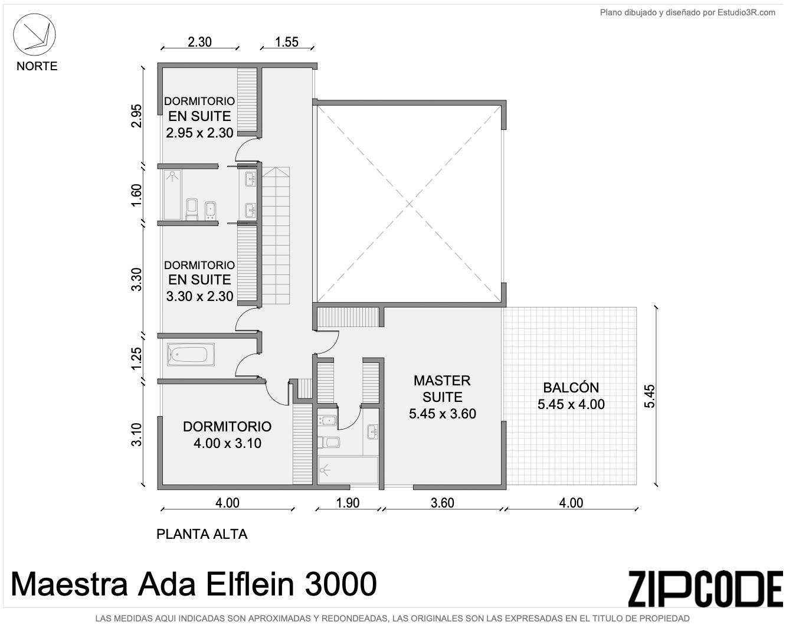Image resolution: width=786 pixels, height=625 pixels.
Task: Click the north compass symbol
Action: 34,35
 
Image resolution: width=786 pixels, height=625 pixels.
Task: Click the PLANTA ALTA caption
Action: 202,534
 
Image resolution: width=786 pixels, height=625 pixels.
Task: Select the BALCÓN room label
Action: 571,387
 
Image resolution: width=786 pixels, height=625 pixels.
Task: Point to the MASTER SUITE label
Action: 443,389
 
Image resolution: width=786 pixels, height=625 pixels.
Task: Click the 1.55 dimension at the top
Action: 286,42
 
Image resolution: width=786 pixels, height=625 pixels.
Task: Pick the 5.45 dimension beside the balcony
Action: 650,396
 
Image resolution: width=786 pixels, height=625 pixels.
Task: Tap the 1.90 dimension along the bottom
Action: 348,503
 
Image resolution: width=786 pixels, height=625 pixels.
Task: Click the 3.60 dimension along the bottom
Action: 443,503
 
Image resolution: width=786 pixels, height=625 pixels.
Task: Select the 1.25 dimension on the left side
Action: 136,358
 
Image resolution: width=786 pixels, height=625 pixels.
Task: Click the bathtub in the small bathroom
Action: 191,354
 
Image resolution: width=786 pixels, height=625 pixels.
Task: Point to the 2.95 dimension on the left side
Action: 136,116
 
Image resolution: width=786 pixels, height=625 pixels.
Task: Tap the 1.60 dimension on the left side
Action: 136,195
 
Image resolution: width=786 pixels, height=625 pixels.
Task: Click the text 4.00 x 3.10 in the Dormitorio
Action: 227,443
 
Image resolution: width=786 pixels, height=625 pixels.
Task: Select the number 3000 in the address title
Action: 340,584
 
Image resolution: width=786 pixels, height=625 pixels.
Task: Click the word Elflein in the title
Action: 250,584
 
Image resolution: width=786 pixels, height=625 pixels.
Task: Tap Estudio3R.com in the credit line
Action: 746,12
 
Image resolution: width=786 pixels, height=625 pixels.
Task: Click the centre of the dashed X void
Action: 409,204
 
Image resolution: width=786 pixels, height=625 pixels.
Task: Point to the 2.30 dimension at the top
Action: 199,42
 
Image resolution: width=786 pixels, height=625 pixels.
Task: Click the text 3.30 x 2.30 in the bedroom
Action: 199,296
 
